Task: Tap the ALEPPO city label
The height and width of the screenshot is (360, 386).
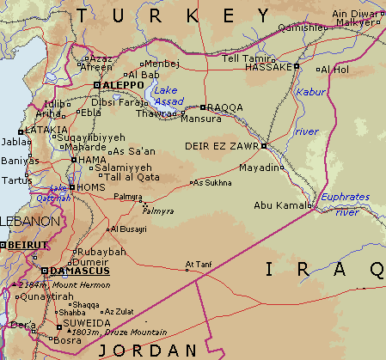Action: [x=121, y=85]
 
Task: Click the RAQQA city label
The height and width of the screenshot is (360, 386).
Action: [x=226, y=107]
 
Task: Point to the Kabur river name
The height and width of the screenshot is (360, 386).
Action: [x=309, y=91]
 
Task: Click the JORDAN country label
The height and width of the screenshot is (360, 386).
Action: [x=148, y=351]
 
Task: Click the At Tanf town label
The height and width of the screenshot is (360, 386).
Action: [x=198, y=264]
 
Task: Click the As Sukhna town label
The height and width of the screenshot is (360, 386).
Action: [x=212, y=182]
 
